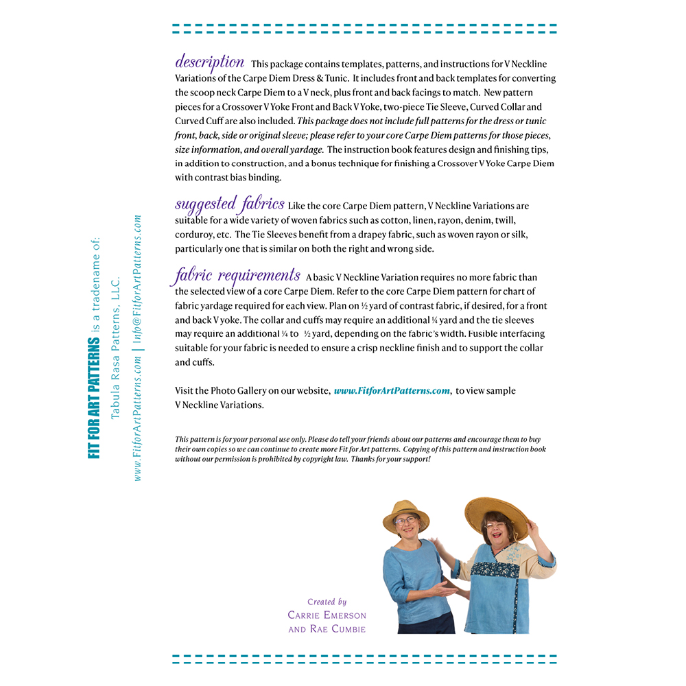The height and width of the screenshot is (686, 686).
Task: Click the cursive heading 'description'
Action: point(209,62)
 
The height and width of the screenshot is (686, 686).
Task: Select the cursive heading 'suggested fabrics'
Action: point(229,204)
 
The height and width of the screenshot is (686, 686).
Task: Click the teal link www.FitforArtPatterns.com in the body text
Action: point(392,391)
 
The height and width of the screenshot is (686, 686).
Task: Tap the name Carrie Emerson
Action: point(327,615)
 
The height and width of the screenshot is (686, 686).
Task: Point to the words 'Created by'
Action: point(327,602)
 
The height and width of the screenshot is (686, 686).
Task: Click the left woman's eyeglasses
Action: point(405,522)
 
